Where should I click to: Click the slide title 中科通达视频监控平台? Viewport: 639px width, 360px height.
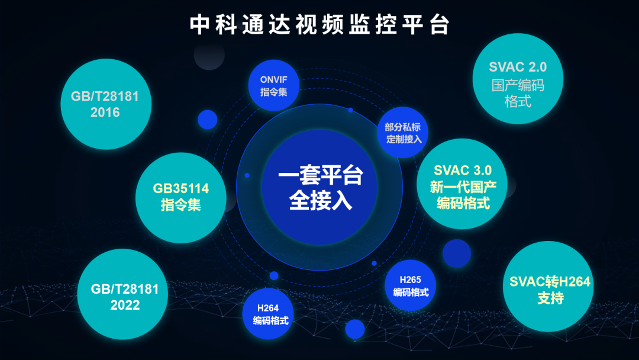pyautogui.click(x=319, y=24)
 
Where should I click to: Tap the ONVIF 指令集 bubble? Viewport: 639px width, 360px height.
pyautogui.click(x=274, y=85)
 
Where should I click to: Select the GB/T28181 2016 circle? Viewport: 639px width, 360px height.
pyautogui.click(x=106, y=104)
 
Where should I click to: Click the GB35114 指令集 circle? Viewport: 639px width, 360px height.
pyautogui.click(x=181, y=198)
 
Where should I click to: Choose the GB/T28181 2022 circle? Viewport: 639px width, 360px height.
pyautogui.click(x=122, y=294)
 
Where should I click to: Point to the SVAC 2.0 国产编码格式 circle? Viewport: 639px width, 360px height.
pyautogui.click(x=518, y=79)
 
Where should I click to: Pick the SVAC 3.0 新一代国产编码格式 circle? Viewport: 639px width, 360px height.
pyautogui.click(x=462, y=184)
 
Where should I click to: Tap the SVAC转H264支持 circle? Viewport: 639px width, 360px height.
pyautogui.click(x=548, y=286)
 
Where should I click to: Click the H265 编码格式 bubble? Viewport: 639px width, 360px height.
pyautogui.click(x=411, y=285)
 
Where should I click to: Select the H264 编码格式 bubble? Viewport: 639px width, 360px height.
pyautogui.click(x=268, y=314)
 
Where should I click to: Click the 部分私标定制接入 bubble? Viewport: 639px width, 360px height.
pyautogui.click(x=403, y=132)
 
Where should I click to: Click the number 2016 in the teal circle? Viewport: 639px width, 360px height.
pyautogui.click(x=105, y=112)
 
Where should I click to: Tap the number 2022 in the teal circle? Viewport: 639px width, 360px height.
pyautogui.click(x=125, y=305)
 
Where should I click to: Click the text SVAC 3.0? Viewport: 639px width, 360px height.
pyautogui.click(x=463, y=170)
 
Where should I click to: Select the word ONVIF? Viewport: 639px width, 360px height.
pyautogui.click(x=274, y=79)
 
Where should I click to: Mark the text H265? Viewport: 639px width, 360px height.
pyautogui.click(x=411, y=279)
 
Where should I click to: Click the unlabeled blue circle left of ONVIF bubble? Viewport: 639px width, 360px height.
pyautogui.click(x=208, y=120)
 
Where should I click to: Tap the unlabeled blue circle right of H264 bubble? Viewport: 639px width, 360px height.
pyautogui.click(x=355, y=329)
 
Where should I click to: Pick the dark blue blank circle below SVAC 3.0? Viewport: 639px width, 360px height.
pyautogui.click(x=457, y=253)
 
